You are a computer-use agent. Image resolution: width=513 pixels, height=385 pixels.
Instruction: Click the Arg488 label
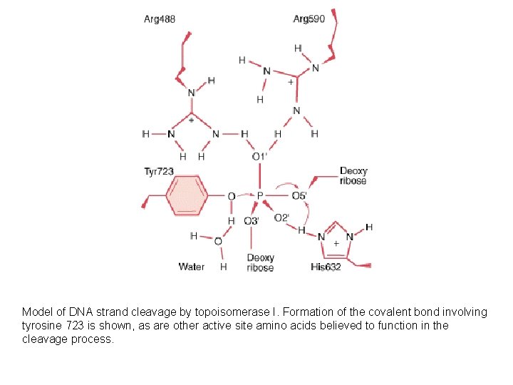160,19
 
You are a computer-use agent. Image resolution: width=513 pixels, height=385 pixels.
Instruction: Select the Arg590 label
309,19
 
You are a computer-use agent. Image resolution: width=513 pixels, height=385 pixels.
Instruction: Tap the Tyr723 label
159,171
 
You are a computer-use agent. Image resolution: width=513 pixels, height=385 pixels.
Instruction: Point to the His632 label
327,267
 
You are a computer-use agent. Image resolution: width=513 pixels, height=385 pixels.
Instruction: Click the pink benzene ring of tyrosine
187,195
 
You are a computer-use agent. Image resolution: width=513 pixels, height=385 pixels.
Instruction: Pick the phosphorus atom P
259,195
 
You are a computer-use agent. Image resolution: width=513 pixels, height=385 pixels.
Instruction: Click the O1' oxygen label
259,156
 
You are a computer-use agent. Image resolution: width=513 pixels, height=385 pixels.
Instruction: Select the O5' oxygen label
299,195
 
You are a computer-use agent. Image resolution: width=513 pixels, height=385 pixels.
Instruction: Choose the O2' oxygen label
281,218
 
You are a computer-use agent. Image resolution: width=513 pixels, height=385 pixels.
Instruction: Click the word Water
192,267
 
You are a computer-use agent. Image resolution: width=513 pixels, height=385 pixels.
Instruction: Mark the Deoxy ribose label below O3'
260,263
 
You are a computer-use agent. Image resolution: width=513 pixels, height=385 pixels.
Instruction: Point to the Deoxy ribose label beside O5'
353,175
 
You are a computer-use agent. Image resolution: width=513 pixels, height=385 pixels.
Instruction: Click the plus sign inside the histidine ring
336,244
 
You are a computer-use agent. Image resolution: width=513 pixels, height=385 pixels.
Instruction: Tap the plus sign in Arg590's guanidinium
290,82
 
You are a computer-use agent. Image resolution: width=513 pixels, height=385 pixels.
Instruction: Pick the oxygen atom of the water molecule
218,242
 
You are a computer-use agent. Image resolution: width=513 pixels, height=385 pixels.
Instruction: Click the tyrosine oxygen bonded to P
231,195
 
